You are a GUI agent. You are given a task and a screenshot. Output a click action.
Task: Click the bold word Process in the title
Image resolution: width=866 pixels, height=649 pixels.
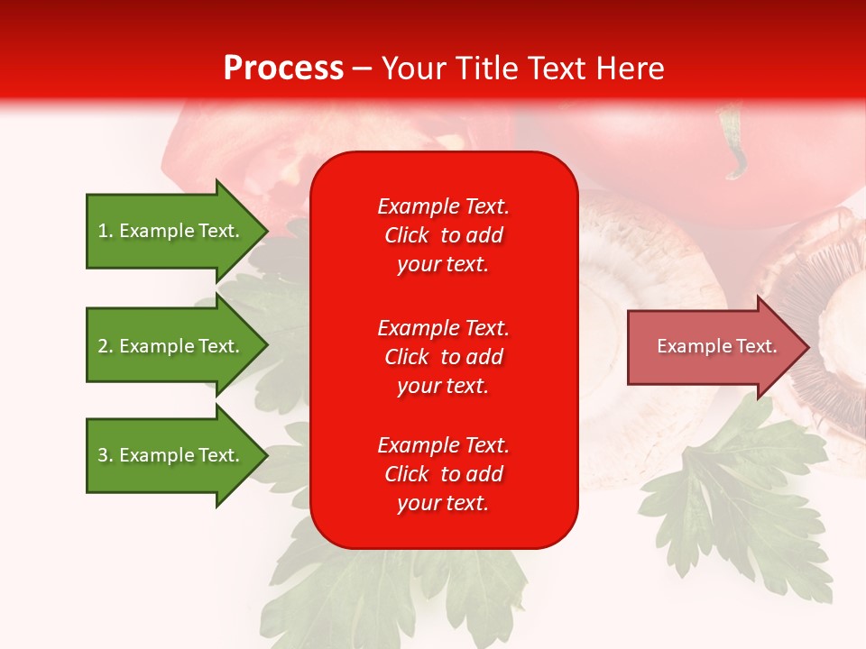pos(283,69)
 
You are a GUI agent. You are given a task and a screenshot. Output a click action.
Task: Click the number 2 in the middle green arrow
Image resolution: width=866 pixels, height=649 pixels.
pos(103,346)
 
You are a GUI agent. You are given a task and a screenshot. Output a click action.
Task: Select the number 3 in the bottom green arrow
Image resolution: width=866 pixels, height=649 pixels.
pos(103,455)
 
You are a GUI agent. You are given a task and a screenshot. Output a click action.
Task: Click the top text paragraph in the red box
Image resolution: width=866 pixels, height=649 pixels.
pos(443,235)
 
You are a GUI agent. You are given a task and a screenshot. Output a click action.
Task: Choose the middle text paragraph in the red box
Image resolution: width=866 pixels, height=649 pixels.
pos(443,357)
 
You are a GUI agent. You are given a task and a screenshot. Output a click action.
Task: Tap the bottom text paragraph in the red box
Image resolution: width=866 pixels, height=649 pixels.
pos(443,474)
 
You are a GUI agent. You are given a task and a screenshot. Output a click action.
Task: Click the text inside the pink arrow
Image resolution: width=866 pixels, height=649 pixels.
pos(716,346)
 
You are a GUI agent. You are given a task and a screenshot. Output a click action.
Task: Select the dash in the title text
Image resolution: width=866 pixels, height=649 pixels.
pos(362,69)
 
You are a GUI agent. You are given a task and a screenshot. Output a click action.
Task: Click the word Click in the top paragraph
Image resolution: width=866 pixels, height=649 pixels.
pos(406,235)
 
